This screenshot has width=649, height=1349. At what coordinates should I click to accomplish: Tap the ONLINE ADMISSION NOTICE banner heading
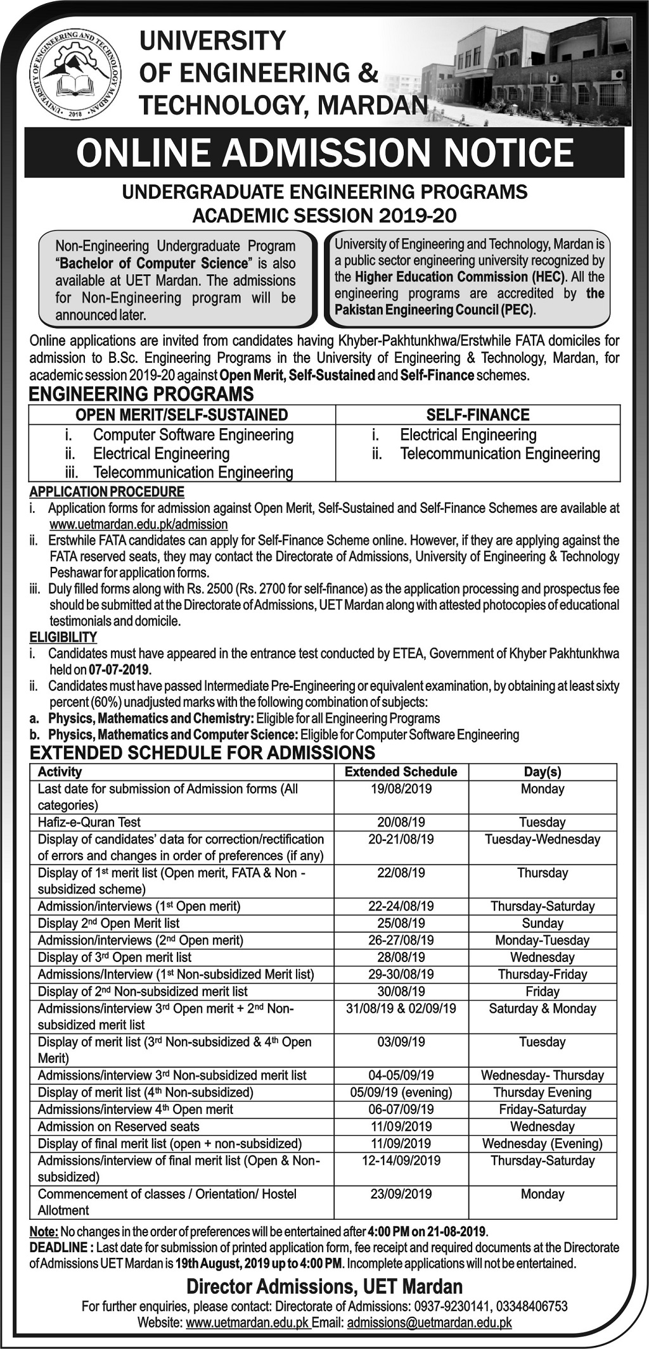coord(324,153)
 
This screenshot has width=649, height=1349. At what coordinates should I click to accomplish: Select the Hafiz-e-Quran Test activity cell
coord(89,822)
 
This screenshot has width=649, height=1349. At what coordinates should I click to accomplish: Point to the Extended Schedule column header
coord(401,771)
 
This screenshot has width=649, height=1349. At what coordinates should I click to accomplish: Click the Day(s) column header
coord(543,771)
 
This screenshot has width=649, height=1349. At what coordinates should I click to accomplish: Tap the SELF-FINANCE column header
coord(478,415)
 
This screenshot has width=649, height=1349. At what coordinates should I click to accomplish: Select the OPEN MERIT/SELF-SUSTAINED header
coord(182,415)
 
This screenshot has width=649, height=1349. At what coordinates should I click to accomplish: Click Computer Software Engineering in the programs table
coord(193,435)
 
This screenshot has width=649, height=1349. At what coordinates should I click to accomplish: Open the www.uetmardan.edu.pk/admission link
coord(138,524)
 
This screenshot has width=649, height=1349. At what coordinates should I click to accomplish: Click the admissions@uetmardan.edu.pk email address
coord(430,1322)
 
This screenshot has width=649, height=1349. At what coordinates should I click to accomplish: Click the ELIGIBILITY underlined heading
coord(63,637)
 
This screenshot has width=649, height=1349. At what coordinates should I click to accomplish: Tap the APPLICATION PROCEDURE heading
coord(107,491)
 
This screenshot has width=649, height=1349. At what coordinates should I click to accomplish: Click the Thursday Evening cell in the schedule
coord(543,1092)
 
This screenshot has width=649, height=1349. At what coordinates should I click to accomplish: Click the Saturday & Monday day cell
coord(543,1008)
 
